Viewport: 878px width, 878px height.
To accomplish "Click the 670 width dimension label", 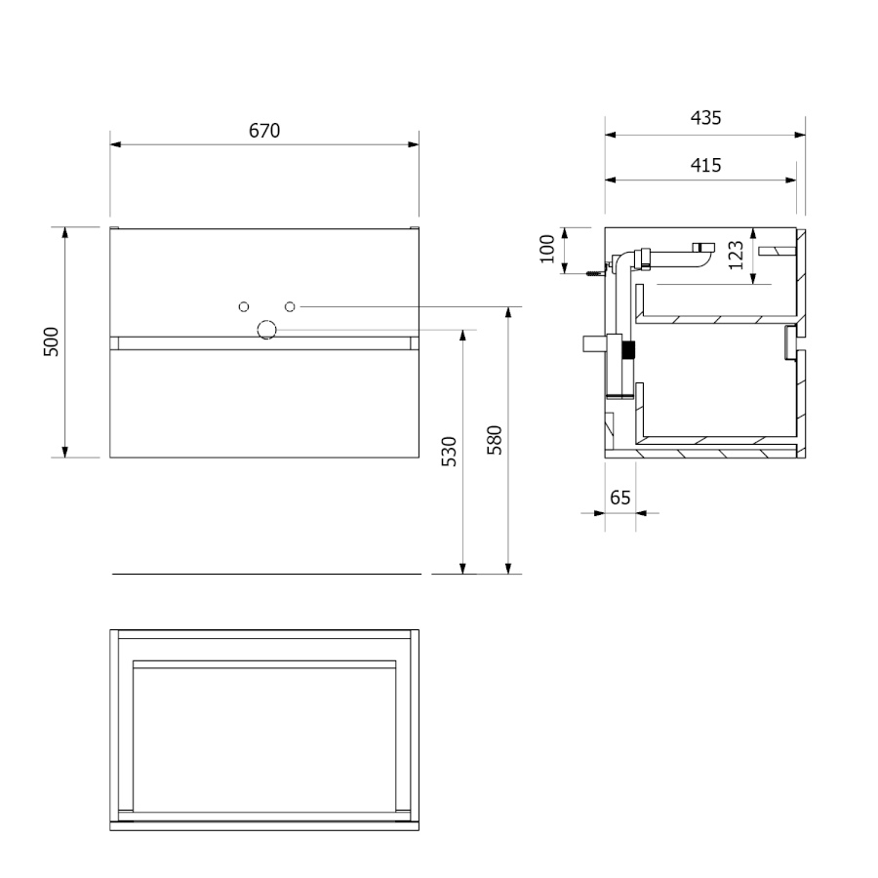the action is coord(264,131).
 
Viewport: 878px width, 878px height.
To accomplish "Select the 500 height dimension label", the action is coord(51,341).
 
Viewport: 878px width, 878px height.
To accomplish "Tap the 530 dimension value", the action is coord(449,452).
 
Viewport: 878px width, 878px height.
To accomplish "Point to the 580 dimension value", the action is coord(495,440).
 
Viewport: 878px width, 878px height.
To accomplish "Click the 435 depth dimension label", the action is coord(705,118).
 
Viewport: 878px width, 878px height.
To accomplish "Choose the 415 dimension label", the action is coord(705,165).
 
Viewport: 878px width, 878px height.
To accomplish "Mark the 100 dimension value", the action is coord(547,249).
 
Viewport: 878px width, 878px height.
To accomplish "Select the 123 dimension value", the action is coord(737,255).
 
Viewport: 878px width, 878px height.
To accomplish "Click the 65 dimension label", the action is coord(619,498).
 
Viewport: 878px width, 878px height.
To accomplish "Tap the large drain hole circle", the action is coord(266,330).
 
